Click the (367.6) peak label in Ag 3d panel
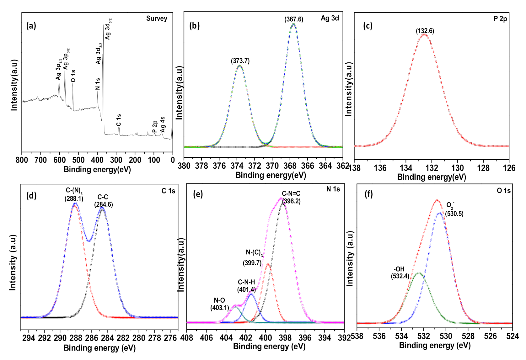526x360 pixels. tap(294, 19)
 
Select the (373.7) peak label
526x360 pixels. tap(240, 61)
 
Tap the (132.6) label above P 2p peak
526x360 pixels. tap(425, 31)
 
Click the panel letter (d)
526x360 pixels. tap(31, 196)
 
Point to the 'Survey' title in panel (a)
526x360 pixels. tap(157, 19)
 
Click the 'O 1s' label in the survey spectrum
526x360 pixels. tap(73, 76)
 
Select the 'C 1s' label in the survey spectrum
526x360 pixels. tap(119, 120)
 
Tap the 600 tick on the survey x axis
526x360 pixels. tap(59, 160)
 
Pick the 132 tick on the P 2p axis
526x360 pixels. tap(432, 168)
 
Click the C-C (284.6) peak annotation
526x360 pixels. tap(103, 201)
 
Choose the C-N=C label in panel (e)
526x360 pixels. tap(291, 194)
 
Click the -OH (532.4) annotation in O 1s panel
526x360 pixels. tap(400, 273)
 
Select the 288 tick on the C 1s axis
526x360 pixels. tap(76, 338)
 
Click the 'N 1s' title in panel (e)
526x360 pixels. tap(333, 189)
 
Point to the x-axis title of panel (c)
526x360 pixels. tap(432, 177)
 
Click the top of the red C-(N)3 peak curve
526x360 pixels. tap(75, 205)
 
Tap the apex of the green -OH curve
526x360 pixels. tap(419, 273)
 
